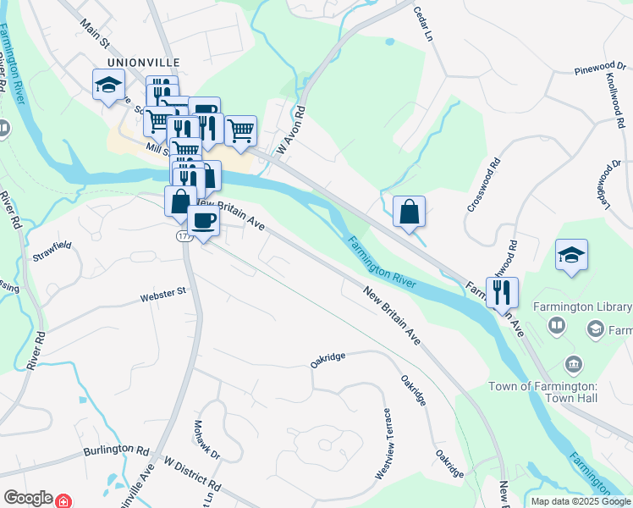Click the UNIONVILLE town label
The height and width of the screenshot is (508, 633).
coord(140,62)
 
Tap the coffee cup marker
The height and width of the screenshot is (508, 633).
coord(203,221)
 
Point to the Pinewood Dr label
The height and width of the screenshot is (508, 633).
coord(597,67)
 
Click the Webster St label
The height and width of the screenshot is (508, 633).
coord(162,293)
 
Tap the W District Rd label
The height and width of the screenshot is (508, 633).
coord(192,476)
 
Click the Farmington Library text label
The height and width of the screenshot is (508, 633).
coord(575,306)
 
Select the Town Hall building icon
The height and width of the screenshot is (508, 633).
coord(573,364)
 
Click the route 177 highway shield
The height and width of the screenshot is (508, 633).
coord(185,237)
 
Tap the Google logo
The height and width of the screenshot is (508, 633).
coord(27,498)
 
